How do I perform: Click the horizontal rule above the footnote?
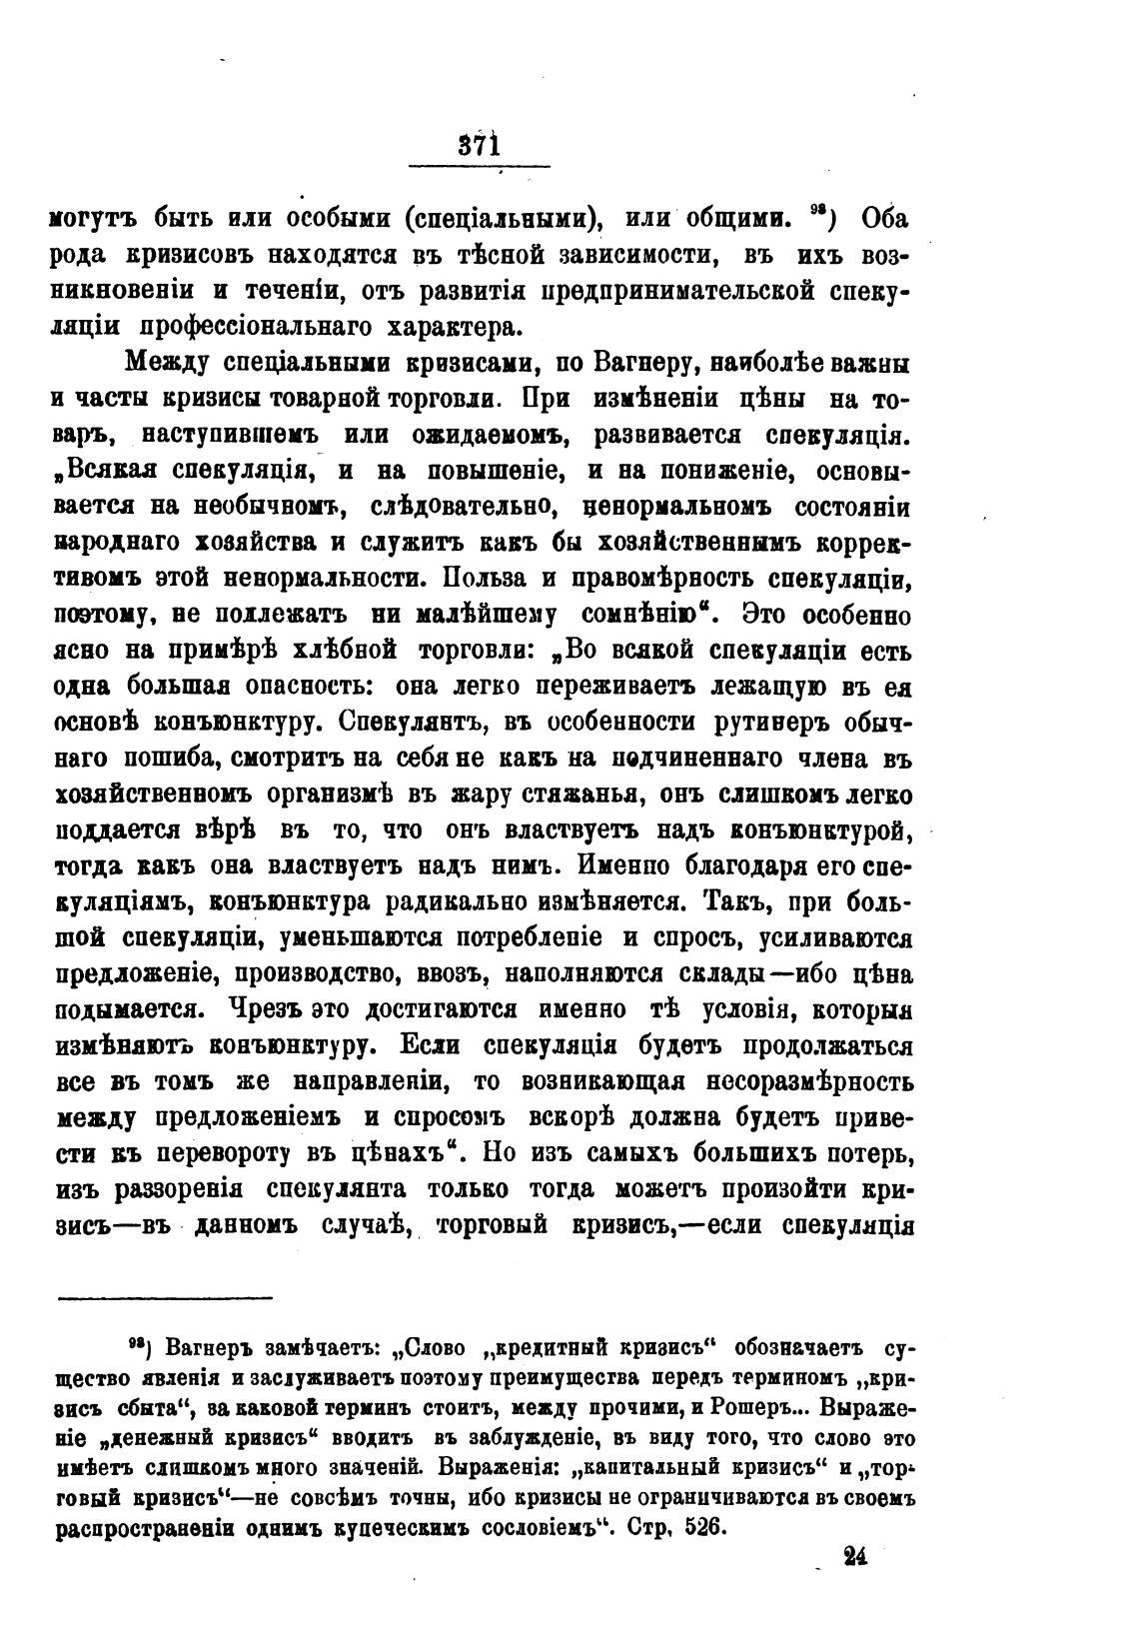[165, 1298]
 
